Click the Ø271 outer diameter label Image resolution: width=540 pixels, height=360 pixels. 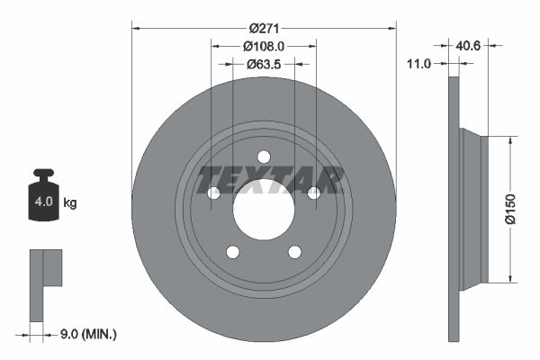click(x=264, y=27)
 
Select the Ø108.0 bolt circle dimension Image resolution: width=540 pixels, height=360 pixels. click(x=264, y=45)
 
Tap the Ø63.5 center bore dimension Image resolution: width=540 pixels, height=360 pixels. click(x=264, y=64)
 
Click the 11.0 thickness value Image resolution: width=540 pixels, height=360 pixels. click(x=419, y=64)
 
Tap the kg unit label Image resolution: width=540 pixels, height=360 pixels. click(x=70, y=202)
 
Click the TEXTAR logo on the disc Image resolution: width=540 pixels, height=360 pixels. click(x=271, y=180)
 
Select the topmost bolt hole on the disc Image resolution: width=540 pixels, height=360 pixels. click(x=264, y=157)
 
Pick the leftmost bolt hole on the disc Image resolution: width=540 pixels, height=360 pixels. click(x=213, y=193)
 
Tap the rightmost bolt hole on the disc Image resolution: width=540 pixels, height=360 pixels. click(x=314, y=193)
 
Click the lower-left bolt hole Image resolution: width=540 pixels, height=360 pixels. click(x=232, y=252)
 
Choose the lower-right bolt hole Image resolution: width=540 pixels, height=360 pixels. click(x=295, y=252)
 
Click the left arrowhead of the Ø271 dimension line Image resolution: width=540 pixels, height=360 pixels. click(x=135, y=27)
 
